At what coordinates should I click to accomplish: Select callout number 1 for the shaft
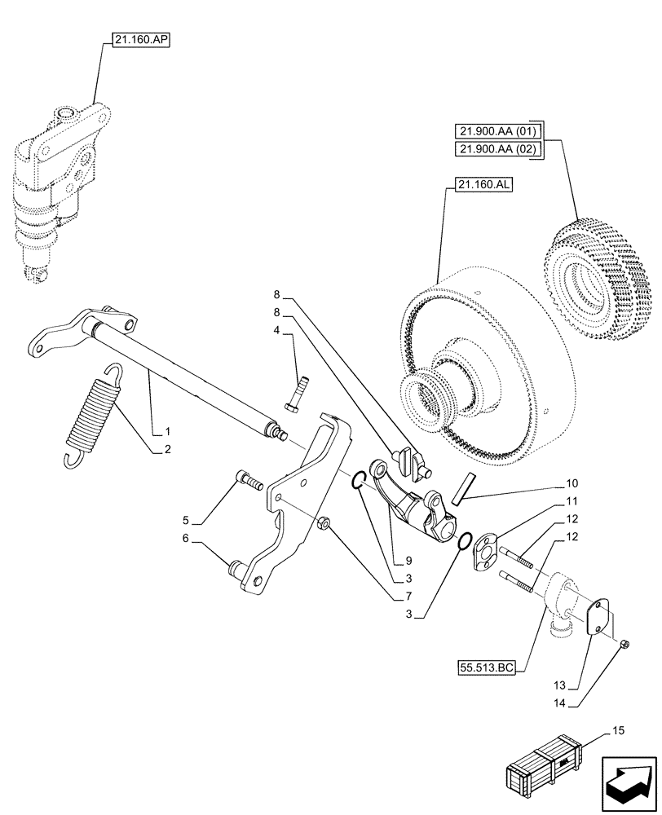pos(167,430)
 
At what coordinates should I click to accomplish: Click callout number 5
pos(187,519)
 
